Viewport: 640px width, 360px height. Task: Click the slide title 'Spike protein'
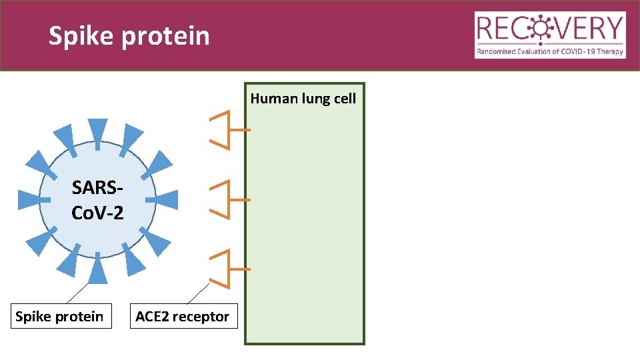point(129,36)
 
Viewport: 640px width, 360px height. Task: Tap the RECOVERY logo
point(550,35)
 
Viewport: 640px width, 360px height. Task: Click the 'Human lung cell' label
point(303,99)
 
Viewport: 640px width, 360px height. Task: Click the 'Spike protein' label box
point(59,317)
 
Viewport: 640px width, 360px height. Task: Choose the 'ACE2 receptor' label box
point(182,317)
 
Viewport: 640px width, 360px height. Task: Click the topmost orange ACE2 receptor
point(227,129)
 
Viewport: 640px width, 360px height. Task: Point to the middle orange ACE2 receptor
point(227,199)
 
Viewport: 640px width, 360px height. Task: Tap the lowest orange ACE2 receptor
point(227,269)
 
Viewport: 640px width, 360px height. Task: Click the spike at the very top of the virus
point(97,130)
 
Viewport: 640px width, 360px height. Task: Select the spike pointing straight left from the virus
point(31,199)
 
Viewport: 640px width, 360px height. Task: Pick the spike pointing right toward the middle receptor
point(165,199)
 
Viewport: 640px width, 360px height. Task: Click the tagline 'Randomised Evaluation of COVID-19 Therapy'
point(550,51)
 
